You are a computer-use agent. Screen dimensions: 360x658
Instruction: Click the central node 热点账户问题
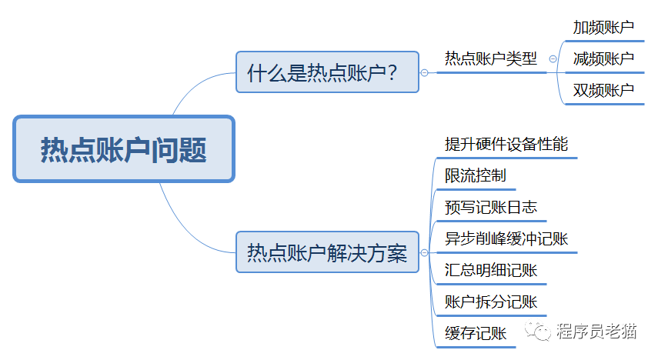124,149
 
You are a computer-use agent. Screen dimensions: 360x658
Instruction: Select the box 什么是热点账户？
327,72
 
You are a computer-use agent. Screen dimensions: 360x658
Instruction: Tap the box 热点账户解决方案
327,252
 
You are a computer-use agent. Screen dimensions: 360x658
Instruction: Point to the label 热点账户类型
490,58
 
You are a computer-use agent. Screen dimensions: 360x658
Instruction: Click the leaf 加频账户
603,28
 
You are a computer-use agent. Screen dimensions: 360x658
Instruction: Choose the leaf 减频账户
603,58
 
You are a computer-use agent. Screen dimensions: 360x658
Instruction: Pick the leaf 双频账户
603,90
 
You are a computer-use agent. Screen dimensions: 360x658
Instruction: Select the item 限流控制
475,175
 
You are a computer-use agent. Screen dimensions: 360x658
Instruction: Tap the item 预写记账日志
490,207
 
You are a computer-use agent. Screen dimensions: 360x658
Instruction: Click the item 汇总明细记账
490,270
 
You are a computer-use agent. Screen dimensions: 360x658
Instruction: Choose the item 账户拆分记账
490,302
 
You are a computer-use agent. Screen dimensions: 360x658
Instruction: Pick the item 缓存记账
475,333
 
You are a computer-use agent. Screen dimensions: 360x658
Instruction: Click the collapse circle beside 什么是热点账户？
424,73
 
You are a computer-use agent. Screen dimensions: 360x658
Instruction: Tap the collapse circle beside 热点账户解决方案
424,252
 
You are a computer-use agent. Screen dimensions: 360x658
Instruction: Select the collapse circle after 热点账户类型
553,58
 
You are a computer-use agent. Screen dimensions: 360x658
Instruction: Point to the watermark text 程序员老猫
596,332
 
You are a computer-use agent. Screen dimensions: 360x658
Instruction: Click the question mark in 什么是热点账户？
392,73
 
